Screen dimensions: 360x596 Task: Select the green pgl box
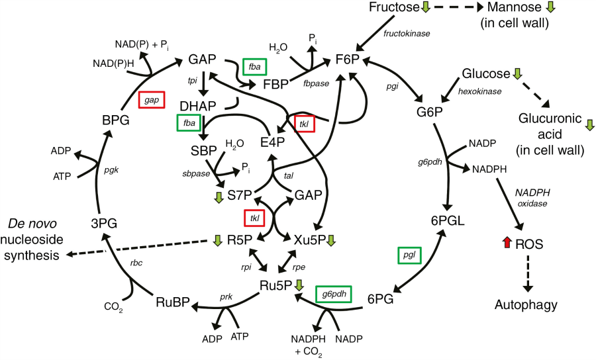pos(410,255)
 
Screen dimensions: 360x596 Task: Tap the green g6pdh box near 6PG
pos(333,293)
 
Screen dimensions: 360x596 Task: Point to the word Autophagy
pos(525,305)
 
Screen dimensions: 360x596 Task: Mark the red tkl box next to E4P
pos(305,123)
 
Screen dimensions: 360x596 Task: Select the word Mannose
pos(512,9)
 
